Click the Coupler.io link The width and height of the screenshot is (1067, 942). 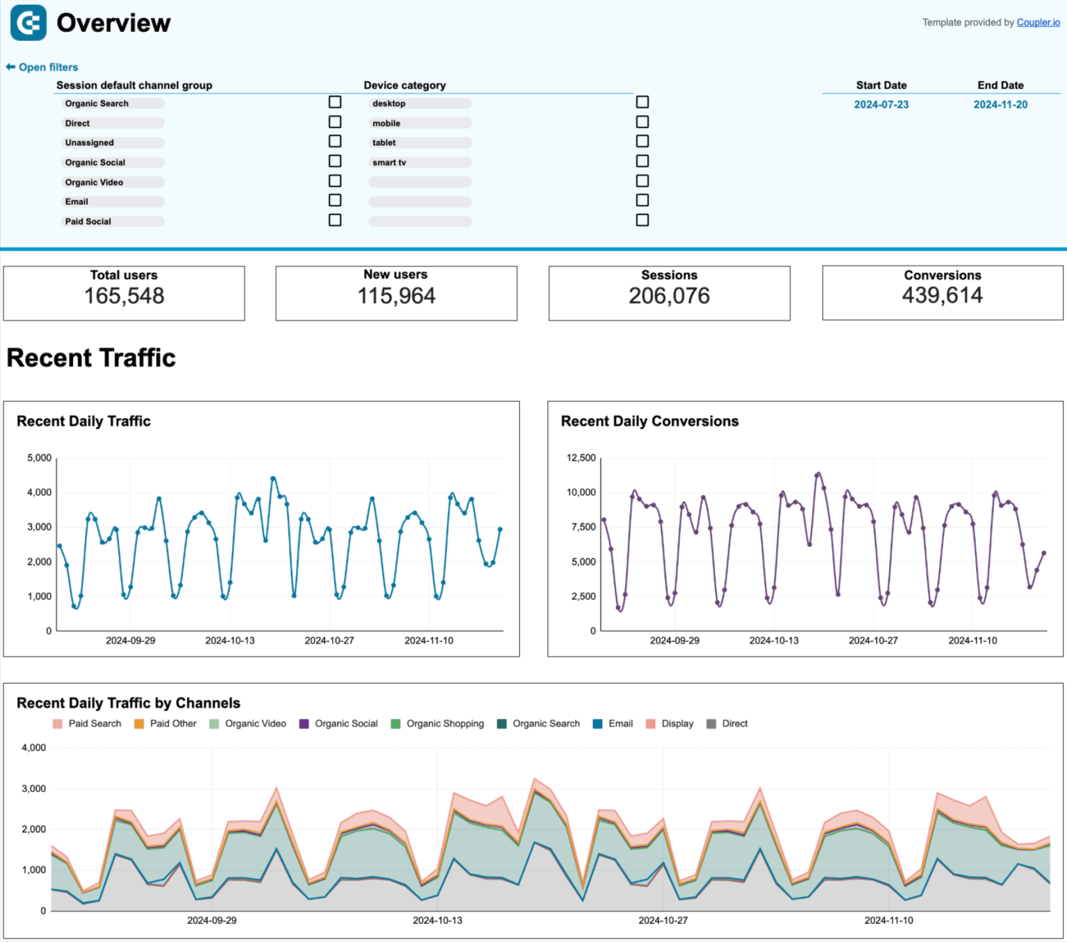[x=1038, y=22]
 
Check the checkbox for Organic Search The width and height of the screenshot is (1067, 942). [x=335, y=102]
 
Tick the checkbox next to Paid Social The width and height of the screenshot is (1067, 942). [x=335, y=220]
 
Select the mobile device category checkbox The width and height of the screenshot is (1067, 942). [x=643, y=122]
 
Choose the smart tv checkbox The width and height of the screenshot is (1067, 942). [x=643, y=161]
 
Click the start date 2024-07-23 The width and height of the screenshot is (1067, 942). [x=881, y=105]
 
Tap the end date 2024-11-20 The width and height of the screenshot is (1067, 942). [x=1000, y=105]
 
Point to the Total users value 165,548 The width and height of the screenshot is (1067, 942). [x=124, y=296]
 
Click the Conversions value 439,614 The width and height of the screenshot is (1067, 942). [x=942, y=296]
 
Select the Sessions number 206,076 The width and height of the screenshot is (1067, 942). [x=669, y=296]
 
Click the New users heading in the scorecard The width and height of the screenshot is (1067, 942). [x=395, y=275]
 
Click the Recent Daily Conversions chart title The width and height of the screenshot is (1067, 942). [x=650, y=421]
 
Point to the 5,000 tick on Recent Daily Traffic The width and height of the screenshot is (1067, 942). [x=40, y=458]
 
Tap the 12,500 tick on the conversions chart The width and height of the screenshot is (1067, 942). [x=581, y=458]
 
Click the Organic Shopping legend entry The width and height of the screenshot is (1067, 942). [x=445, y=723]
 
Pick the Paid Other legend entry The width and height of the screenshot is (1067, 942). [x=173, y=723]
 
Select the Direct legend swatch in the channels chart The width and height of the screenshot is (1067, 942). [x=711, y=724]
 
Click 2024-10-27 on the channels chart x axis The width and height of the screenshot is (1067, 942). [x=663, y=920]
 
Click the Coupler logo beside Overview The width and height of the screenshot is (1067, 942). [x=28, y=23]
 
